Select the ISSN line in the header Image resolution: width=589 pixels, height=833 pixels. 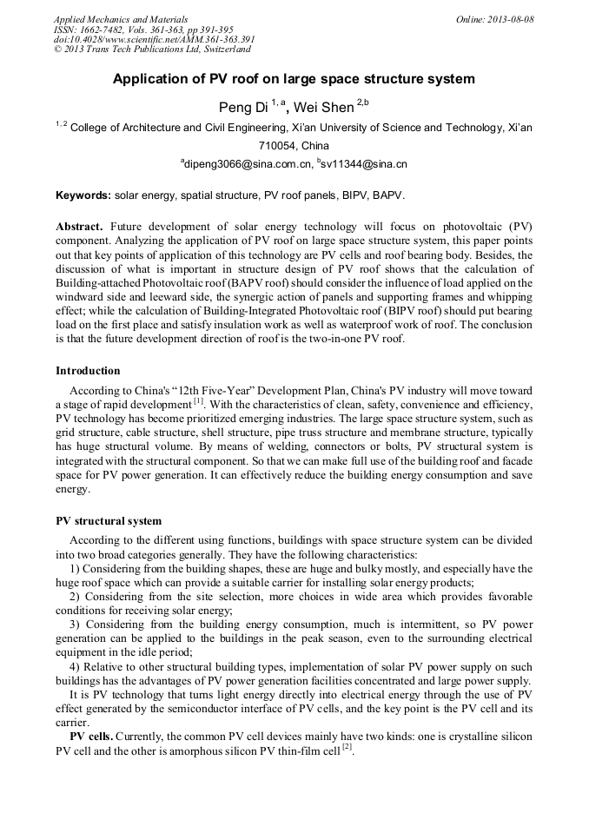click(x=138, y=30)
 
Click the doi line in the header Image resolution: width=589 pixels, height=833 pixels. click(x=154, y=40)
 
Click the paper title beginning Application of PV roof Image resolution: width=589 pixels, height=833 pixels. click(x=294, y=79)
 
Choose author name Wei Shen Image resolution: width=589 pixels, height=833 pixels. click(x=323, y=108)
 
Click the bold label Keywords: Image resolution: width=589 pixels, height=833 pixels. click(x=83, y=196)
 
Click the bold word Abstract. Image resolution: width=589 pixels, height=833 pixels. click(x=82, y=225)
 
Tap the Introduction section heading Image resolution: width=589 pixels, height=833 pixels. click(x=88, y=371)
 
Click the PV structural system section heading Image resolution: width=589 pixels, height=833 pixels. click(x=108, y=521)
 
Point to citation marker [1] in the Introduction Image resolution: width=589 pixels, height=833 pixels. click(x=198, y=401)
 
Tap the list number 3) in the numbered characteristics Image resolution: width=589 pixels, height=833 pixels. click(x=75, y=625)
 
